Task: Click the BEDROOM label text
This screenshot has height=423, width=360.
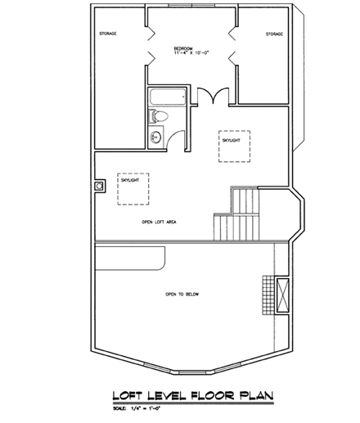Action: (x=182, y=48)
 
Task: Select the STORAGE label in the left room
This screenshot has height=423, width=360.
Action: (x=107, y=34)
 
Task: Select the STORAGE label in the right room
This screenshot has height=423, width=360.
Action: (x=273, y=34)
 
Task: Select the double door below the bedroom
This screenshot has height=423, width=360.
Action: (x=213, y=96)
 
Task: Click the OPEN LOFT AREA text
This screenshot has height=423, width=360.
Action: (x=160, y=221)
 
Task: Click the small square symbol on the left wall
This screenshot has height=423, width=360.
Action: (x=99, y=186)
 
